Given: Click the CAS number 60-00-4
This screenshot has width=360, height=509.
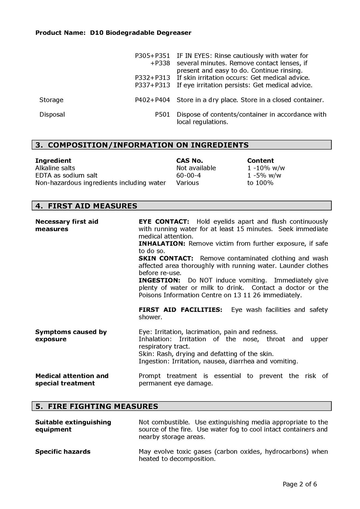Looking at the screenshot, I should click(188, 175).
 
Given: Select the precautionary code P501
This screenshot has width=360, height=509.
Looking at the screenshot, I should click(162, 114).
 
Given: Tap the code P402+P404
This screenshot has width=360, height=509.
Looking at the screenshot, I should click(152, 100).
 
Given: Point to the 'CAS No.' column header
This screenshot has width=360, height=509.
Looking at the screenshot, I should click(190, 161).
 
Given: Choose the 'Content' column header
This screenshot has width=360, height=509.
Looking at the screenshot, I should click(260, 161).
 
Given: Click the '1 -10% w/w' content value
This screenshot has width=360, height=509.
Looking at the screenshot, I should click(266, 168).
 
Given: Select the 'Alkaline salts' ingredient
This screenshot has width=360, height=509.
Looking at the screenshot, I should click(55, 168).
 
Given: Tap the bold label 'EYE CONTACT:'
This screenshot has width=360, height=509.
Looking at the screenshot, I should click(164, 222).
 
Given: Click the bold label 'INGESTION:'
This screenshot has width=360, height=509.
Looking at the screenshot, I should click(159, 280).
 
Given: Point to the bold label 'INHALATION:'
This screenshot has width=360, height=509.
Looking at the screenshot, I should click(162, 244).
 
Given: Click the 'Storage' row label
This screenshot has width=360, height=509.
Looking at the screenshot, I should click(51, 100).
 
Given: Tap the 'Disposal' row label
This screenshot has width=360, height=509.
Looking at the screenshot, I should click(52, 114).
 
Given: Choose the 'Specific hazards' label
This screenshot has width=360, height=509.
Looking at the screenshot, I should click(63, 452).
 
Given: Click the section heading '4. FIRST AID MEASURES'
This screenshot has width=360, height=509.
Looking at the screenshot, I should click(86, 206).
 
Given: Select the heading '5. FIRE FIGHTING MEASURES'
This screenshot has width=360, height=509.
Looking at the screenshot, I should click(97, 406).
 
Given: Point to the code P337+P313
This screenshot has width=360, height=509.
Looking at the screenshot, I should click(152, 85).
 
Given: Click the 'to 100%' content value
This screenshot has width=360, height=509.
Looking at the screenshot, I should click(260, 183).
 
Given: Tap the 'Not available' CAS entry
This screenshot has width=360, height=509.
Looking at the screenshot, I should click(196, 168).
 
